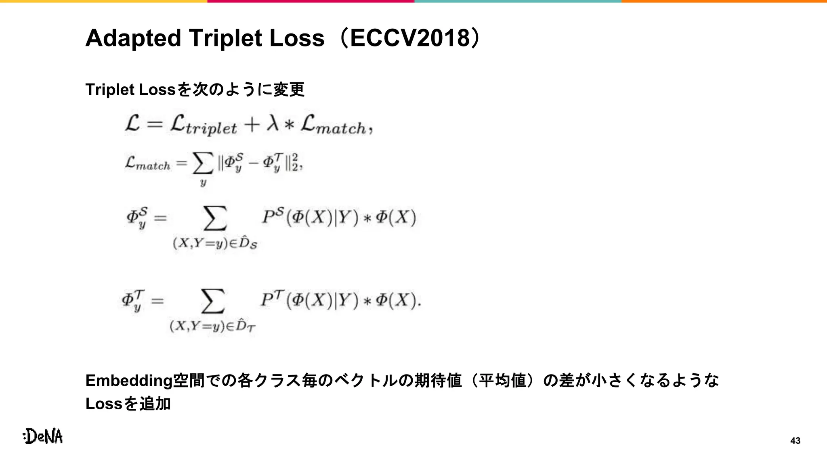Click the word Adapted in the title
tap(133, 38)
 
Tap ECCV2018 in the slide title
tap(410, 38)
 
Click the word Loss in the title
tap(297, 38)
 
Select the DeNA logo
tap(43, 436)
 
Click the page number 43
tap(795, 441)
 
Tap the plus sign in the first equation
tap(251, 124)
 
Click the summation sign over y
tap(203, 164)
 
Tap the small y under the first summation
tap(203, 183)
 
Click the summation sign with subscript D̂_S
tap(215, 218)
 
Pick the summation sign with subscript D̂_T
tap(213, 301)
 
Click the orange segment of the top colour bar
tap(724, 1)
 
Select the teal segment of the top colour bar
tap(518, 1)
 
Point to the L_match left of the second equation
tap(148, 163)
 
